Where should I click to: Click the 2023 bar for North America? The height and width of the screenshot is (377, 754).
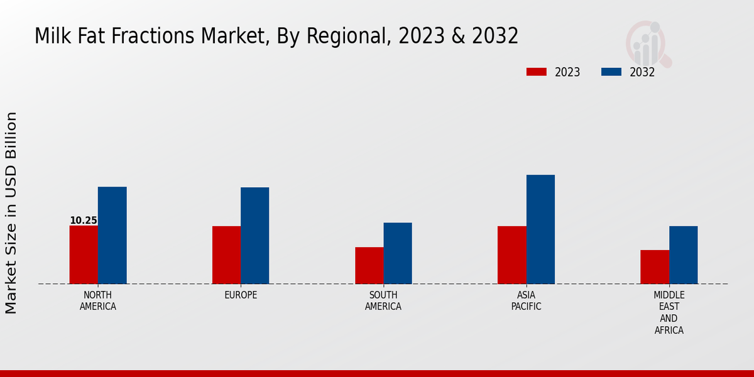pyautogui.click(x=84, y=254)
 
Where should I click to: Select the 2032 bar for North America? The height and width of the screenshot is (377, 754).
pyautogui.click(x=112, y=235)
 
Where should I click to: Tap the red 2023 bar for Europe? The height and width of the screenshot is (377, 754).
pyautogui.click(x=226, y=254)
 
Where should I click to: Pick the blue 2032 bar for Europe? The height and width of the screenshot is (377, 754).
pyautogui.click(x=254, y=236)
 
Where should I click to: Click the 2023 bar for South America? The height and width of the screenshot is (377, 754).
pyautogui.click(x=369, y=265)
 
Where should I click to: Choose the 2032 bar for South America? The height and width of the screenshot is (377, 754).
pyautogui.click(x=398, y=253)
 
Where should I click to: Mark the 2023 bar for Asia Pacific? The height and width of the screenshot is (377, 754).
pyautogui.click(x=511, y=254)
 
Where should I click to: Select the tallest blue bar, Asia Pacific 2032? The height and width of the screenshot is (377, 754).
pyautogui.click(x=540, y=229)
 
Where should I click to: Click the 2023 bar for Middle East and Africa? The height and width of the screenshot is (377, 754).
pyautogui.click(x=655, y=267)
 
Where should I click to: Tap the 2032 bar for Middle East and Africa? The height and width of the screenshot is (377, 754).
pyautogui.click(x=683, y=254)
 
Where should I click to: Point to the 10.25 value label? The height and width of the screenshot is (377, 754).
pyautogui.click(x=84, y=221)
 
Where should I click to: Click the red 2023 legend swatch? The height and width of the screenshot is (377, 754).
pyautogui.click(x=536, y=72)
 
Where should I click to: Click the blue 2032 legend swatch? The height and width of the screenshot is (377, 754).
pyautogui.click(x=611, y=72)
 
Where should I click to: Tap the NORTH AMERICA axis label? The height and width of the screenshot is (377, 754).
pyautogui.click(x=98, y=300)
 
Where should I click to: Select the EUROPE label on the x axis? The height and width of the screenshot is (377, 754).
pyautogui.click(x=241, y=295)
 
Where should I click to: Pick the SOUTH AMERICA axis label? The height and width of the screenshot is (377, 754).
pyautogui.click(x=383, y=300)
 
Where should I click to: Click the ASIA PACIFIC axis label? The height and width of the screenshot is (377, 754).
pyautogui.click(x=526, y=300)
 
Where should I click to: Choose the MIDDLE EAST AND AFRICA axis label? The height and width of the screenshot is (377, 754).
pyautogui.click(x=669, y=312)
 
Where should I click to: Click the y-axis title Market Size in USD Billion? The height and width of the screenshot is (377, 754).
pyautogui.click(x=11, y=212)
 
